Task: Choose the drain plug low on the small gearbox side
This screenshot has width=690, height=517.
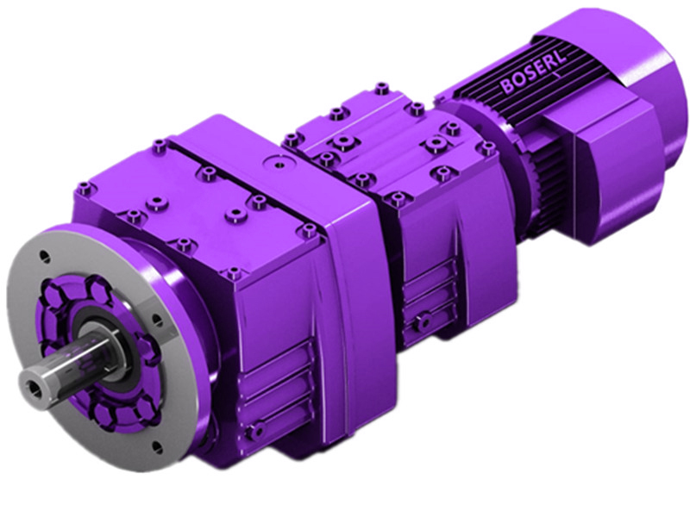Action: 419,322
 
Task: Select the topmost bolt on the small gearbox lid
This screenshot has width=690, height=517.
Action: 380,86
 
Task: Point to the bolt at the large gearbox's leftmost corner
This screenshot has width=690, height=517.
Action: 82,186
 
